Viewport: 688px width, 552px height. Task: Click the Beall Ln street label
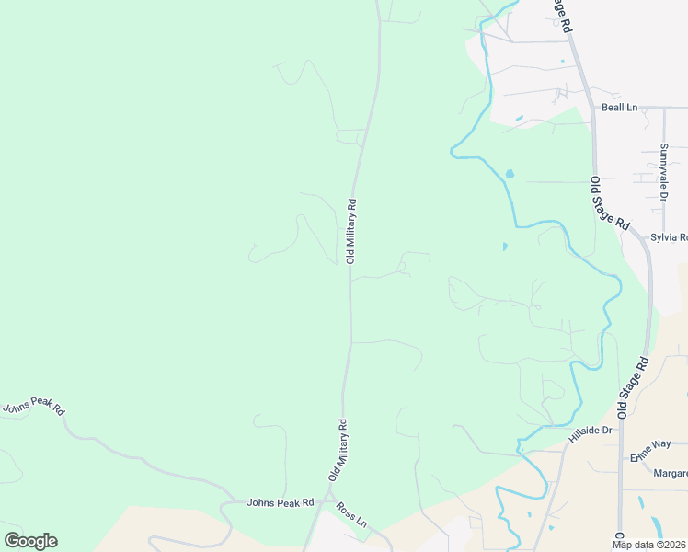point(619,108)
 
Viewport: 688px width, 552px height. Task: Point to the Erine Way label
point(648,449)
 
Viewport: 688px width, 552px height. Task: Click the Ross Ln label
point(351,515)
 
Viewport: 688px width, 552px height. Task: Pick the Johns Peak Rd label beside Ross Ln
point(281,502)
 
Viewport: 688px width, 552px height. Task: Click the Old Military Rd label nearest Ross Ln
point(338,450)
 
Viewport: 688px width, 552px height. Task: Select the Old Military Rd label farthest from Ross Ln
point(350,230)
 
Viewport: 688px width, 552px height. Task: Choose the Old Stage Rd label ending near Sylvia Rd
point(610,203)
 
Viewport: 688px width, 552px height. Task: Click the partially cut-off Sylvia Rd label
point(669,237)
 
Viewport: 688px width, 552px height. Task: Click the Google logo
point(30,541)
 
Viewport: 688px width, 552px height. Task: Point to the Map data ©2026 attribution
point(648,545)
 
